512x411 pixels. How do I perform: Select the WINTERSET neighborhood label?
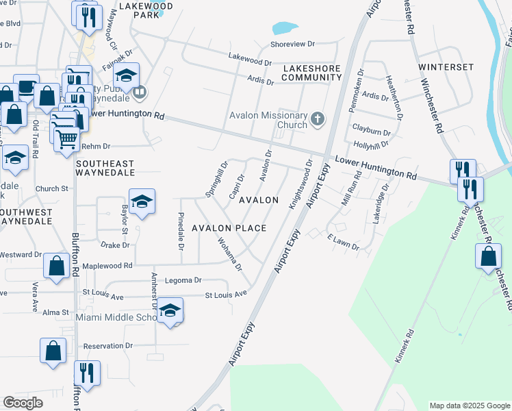click(x=446, y=67)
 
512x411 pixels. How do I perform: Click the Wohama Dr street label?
click(x=231, y=253)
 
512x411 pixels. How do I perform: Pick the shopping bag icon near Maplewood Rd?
click(x=55, y=266)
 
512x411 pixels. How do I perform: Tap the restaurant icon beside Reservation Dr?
click(x=87, y=373)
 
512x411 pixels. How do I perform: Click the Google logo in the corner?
click(x=23, y=403)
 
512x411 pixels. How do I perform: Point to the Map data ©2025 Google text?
click(x=470, y=406)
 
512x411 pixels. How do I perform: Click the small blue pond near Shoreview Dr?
click(x=285, y=28)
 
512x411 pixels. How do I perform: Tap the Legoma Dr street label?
click(x=183, y=280)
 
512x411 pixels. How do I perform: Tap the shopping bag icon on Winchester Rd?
click(x=487, y=256)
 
